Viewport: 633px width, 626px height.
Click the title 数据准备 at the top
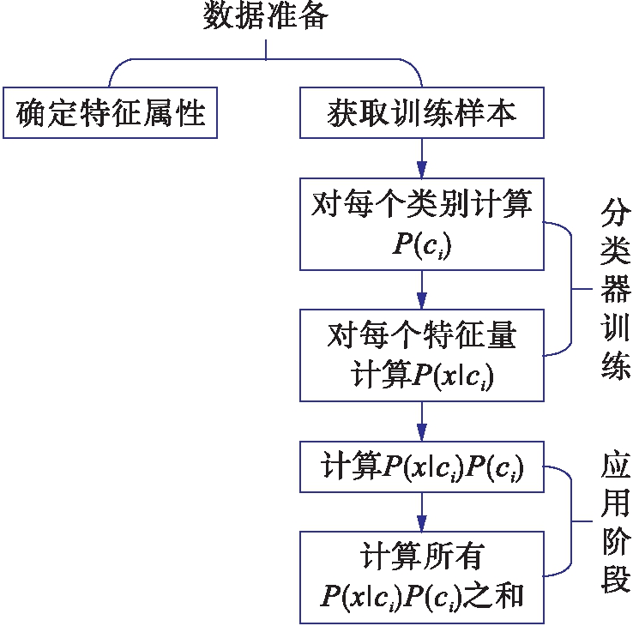[x=265, y=17]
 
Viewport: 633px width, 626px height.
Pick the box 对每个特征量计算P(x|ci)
[x=421, y=355]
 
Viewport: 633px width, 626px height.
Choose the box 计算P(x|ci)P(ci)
[x=421, y=467]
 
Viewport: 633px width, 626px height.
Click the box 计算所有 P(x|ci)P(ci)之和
[x=421, y=576]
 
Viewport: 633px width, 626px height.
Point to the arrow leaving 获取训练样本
[x=421, y=159]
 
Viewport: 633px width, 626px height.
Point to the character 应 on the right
[x=616, y=467]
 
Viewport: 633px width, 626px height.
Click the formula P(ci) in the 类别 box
[x=421, y=244]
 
